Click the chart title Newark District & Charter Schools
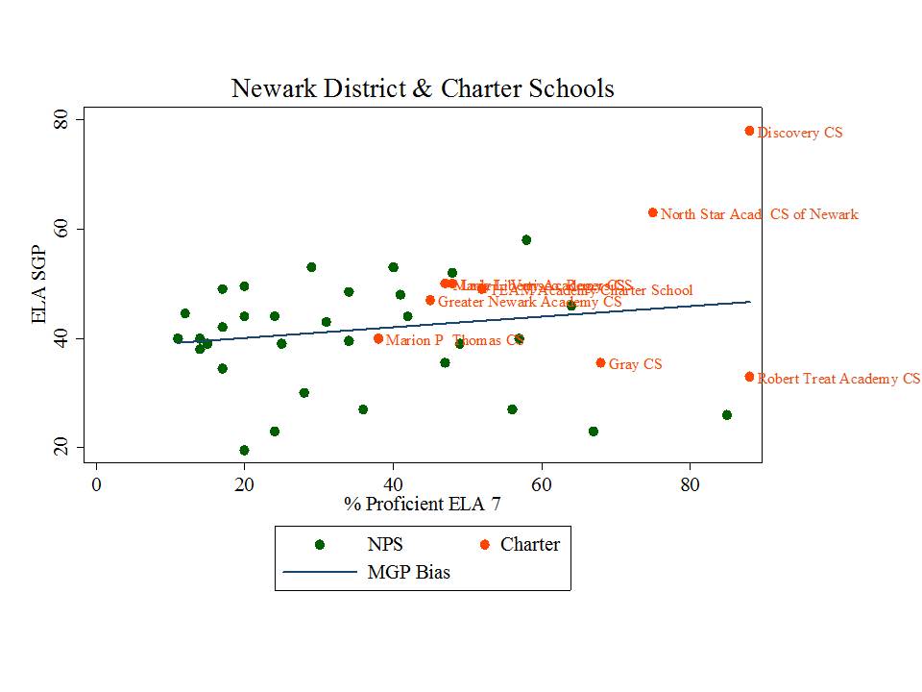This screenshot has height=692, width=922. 423,89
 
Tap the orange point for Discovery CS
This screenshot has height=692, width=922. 749,131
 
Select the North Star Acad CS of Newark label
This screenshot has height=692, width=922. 759,214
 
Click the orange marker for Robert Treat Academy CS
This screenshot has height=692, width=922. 749,377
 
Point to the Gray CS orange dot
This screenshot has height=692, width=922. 600,362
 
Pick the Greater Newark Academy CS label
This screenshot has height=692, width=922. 529,302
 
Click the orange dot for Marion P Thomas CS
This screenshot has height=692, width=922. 378,338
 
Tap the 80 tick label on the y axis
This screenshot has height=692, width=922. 66,119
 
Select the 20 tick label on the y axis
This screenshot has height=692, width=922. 66,448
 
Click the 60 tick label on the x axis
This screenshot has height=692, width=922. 542,482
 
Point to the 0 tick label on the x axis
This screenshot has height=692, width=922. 96,482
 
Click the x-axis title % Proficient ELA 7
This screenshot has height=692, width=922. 423,503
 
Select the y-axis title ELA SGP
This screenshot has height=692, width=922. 40,283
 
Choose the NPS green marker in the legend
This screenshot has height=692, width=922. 320,545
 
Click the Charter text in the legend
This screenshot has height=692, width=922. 529,545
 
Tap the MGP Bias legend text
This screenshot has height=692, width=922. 408,573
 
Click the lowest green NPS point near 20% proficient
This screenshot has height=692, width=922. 244,450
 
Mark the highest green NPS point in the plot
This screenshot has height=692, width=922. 526,239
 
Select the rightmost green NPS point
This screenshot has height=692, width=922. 727,415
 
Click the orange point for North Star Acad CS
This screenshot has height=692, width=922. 653,212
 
